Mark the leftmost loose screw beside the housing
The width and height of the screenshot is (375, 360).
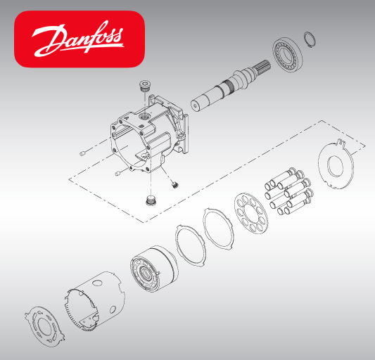click(84, 153)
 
